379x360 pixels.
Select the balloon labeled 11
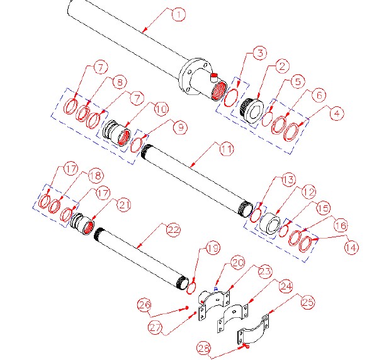(x=226, y=150)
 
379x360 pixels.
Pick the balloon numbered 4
(x=338, y=113)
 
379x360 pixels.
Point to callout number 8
(x=118, y=82)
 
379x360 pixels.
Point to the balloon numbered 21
(x=123, y=205)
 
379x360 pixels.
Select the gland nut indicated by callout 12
(x=271, y=223)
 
